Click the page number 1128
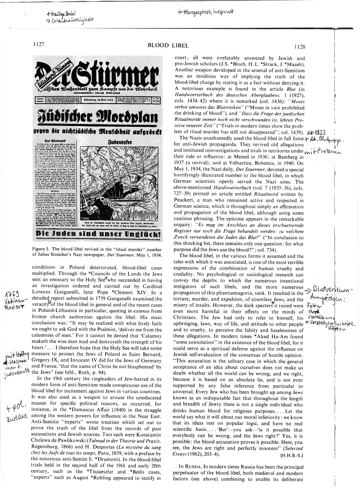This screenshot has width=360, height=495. coord(299,47)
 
